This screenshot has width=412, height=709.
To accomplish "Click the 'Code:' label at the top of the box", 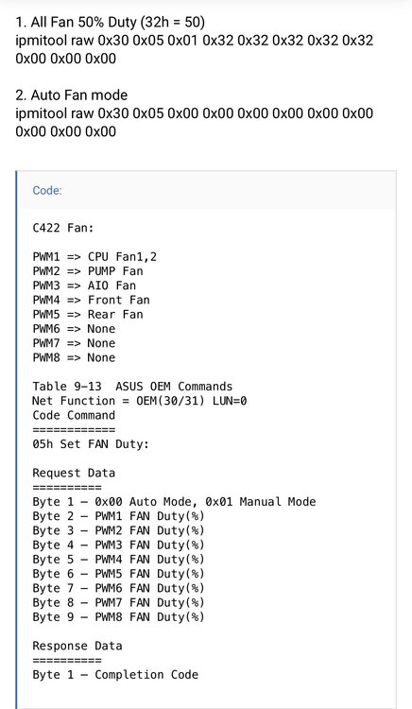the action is click(x=47, y=190).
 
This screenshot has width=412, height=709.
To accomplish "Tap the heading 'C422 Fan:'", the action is click(x=62, y=228).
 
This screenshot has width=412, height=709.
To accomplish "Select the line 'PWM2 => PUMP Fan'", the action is click(x=88, y=271).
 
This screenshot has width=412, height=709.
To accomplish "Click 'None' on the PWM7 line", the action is click(x=101, y=343).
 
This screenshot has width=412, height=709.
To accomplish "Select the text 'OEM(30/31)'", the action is click(x=170, y=401).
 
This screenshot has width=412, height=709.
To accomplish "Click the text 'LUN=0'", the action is click(x=230, y=401).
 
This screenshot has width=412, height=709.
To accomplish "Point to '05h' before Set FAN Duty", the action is click(x=43, y=444).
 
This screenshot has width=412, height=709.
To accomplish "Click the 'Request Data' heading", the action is click(x=74, y=474).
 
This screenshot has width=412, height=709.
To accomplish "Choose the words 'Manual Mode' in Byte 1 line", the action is click(x=278, y=502).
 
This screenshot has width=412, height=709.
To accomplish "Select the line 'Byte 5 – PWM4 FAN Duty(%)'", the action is click(x=118, y=560).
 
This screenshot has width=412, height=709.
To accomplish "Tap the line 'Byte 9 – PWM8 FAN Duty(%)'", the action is click(x=118, y=617).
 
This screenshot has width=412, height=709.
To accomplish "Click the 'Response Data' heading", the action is click(x=77, y=647).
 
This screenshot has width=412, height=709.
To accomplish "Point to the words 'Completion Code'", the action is click(x=146, y=675).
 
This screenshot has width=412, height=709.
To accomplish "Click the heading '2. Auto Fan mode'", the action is click(x=72, y=95).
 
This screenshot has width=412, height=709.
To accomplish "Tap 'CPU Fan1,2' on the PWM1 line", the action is click(x=122, y=257).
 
